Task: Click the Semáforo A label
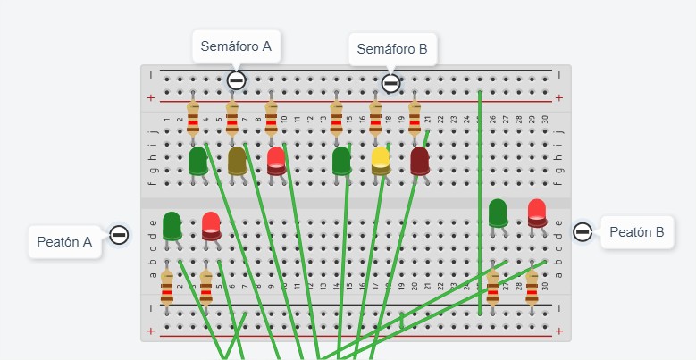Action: point(236,46)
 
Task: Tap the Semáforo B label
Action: point(392,49)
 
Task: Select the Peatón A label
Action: point(65,242)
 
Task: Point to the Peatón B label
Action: point(637,232)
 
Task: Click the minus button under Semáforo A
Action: point(236,80)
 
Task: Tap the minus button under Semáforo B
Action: point(390,83)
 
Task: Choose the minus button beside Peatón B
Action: point(583,231)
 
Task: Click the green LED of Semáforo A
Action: point(198,161)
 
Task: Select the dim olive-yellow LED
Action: point(237,161)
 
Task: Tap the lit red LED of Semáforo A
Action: point(276,161)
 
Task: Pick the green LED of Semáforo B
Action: point(341,161)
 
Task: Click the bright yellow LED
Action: point(381,161)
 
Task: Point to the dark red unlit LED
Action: point(419,161)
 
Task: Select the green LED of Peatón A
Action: point(172,226)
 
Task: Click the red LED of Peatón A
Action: point(211,226)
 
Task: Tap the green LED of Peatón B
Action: point(498,213)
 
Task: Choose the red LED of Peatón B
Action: point(537,213)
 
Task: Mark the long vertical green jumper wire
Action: point(480,203)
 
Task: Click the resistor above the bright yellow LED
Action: point(375,118)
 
